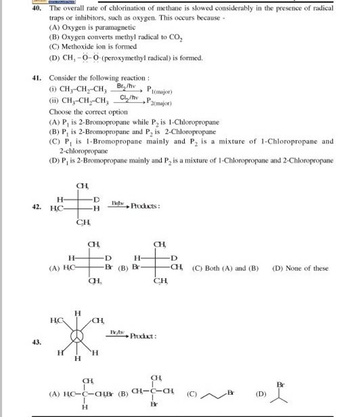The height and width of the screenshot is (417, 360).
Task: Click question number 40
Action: [x=36, y=7]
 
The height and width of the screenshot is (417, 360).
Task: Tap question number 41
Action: [x=36, y=78]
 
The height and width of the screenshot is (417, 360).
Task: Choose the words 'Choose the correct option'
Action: [x=88, y=112]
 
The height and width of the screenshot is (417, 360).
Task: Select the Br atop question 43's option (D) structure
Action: [x=281, y=385]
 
